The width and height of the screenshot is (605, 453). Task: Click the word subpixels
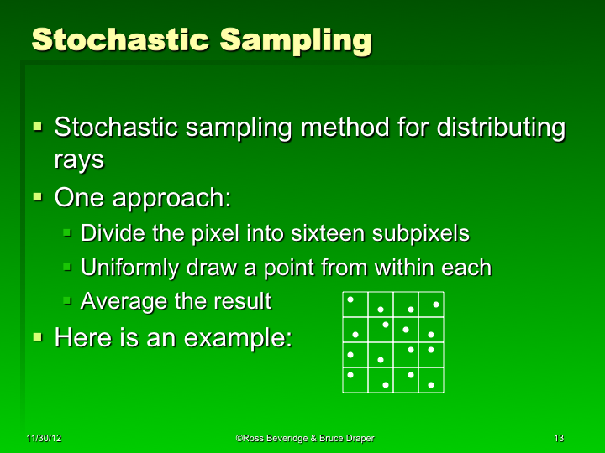[415, 232]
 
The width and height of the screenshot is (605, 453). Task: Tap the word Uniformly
[130, 268]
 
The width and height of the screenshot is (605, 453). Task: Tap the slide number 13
[559, 439]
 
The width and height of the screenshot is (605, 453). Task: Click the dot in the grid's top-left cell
[350, 299]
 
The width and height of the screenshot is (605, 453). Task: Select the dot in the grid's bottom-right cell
[431, 385]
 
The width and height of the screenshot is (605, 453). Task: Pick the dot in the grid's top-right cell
[435, 304]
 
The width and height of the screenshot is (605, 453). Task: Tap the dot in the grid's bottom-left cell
[350, 375]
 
